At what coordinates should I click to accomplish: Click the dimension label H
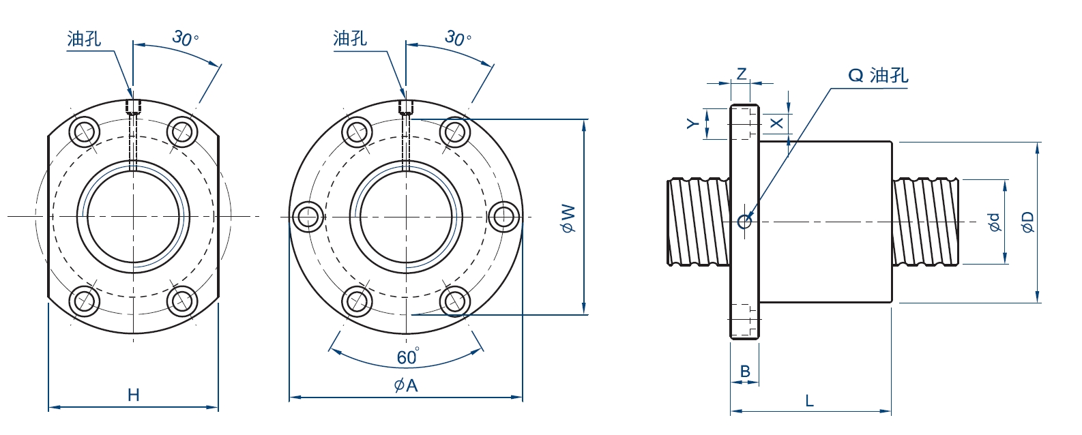click(133, 395)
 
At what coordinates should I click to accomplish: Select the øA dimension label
click(406, 385)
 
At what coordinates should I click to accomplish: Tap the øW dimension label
click(569, 218)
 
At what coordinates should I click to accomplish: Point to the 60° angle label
click(408, 357)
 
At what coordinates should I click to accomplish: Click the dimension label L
click(810, 400)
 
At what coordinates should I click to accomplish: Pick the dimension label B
click(745, 372)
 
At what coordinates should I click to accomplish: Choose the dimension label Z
click(742, 74)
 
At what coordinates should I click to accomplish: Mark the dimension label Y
click(693, 124)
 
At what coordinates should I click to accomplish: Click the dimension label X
click(776, 123)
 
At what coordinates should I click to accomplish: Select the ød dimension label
click(993, 222)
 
